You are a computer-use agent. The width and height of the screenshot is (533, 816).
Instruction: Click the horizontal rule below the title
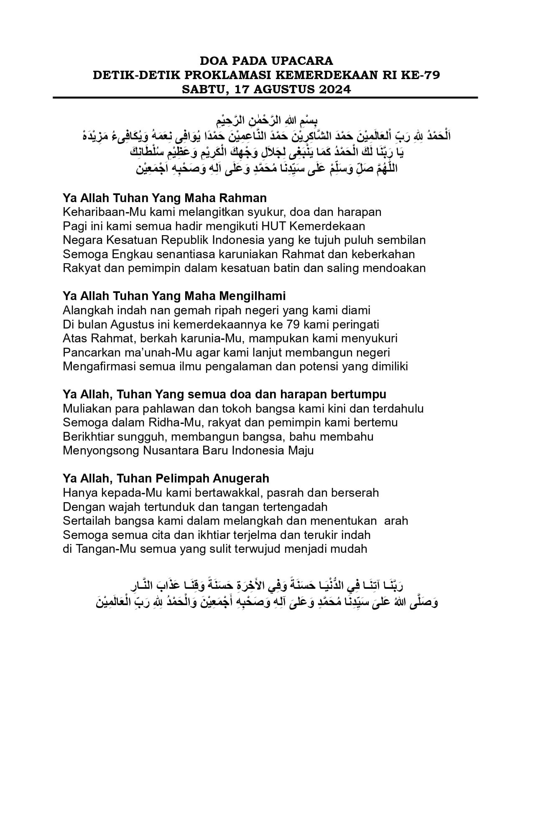[265, 98]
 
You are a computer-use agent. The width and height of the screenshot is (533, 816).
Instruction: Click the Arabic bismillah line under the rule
[266, 121]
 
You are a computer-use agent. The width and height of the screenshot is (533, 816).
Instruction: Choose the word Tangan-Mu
[102, 549]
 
